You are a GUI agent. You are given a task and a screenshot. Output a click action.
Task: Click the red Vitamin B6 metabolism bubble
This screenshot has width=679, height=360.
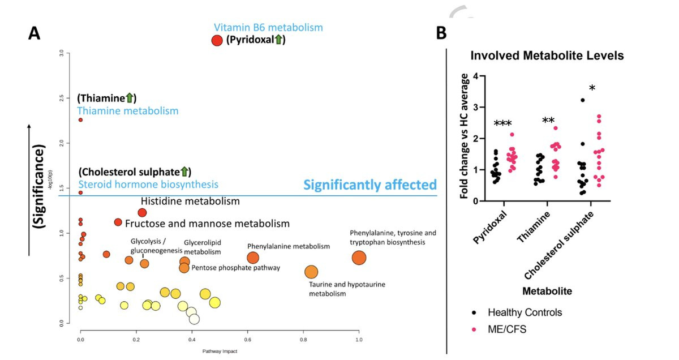tap(217, 40)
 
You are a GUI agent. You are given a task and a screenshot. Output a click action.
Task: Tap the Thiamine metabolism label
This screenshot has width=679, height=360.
tap(127, 111)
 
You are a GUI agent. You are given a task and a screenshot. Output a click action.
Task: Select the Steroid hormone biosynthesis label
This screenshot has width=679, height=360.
tap(148, 185)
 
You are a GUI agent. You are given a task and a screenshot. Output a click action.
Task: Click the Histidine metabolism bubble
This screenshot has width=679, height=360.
tap(142, 212)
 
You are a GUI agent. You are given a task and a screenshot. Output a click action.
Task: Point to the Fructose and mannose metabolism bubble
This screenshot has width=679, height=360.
tap(118, 222)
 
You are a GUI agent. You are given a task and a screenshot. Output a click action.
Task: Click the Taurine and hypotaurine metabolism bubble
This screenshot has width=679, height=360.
tap(311, 272)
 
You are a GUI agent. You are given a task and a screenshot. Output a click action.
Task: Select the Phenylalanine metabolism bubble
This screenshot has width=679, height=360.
tap(253, 258)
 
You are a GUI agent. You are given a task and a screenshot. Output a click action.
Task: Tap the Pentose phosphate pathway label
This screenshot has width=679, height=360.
tap(236, 268)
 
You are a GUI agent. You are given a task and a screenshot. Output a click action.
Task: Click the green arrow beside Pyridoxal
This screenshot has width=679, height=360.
tap(278, 40)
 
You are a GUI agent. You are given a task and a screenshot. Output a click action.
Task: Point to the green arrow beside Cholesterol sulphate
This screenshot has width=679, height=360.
tap(184, 172)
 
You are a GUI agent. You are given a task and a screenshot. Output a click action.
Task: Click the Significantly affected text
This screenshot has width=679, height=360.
tap(370, 185)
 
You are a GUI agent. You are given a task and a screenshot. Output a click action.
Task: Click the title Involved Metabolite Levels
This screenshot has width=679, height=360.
tap(547, 56)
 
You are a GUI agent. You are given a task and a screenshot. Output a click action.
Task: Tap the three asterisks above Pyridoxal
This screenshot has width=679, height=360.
tap(503, 124)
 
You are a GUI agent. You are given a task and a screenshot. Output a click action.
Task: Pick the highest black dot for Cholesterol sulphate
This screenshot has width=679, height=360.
tap(582, 100)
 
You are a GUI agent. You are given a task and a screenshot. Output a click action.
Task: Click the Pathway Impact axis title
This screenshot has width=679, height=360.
tap(220, 352)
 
